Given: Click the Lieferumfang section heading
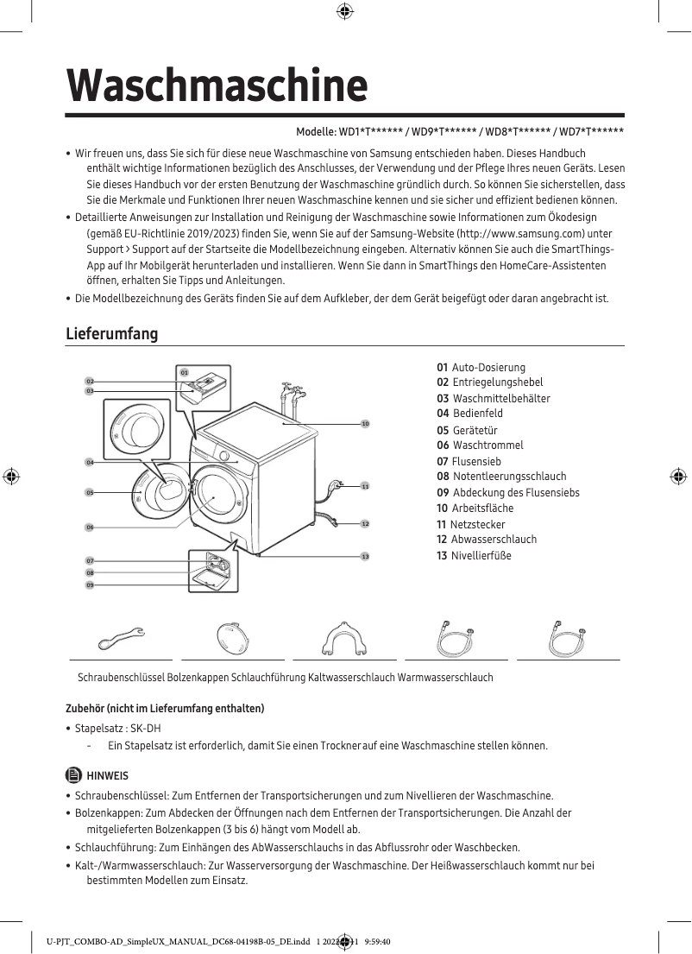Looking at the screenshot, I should coord(112,333).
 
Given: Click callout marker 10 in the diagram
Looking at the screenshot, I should coord(365,424).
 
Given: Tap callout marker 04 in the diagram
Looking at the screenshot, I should coord(89,463).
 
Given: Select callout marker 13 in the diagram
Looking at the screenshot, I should coord(365,556).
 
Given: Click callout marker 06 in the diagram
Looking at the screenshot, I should coord(89,527).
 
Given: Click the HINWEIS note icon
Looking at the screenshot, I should coord(72,775).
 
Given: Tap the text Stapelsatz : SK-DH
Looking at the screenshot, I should coord(118,728).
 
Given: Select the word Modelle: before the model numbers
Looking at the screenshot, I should coord(316,132).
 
